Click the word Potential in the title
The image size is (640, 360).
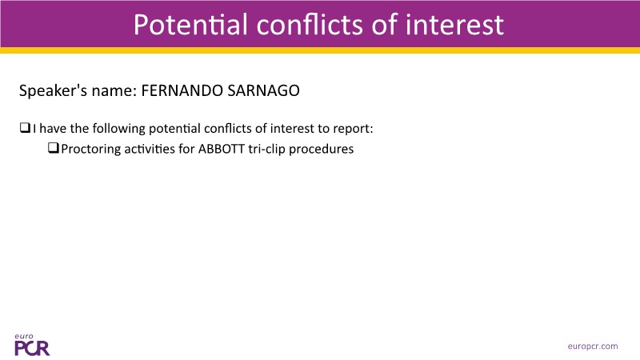(x=190, y=25)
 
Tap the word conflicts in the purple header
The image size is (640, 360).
(x=310, y=25)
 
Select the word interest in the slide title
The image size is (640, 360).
(x=454, y=25)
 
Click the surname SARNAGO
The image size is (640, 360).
(x=263, y=90)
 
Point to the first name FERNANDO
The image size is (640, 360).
(x=182, y=90)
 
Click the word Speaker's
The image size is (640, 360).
(x=53, y=91)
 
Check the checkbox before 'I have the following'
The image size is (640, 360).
(x=25, y=128)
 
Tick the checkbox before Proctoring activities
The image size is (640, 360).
(x=54, y=148)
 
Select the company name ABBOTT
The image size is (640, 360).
(x=222, y=149)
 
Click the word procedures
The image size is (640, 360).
(x=322, y=149)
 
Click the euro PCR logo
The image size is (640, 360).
(x=32, y=345)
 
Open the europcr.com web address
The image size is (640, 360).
(x=593, y=346)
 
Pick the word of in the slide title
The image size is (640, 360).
(x=384, y=25)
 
